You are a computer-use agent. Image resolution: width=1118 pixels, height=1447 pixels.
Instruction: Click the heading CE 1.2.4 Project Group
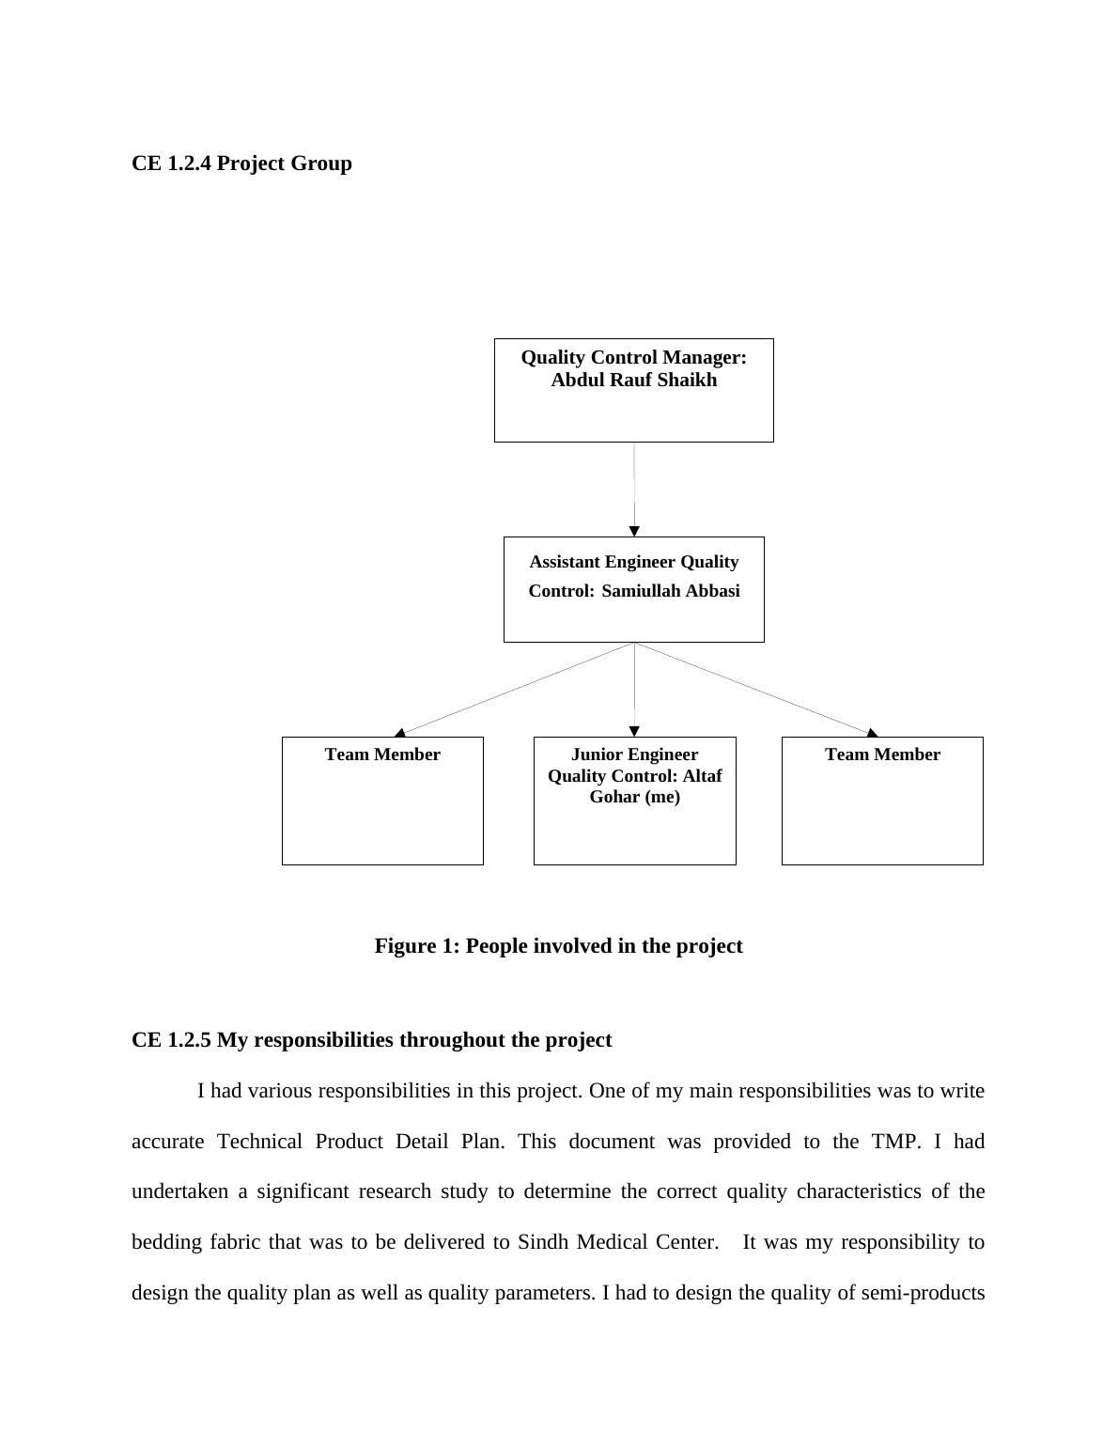click(x=241, y=163)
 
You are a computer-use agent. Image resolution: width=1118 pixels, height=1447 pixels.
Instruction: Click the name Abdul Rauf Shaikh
click(x=633, y=381)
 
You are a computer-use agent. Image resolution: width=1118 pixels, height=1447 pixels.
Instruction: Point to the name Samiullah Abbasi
click(x=670, y=591)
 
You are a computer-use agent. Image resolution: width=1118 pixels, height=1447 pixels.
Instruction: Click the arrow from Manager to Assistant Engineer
click(x=634, y=489)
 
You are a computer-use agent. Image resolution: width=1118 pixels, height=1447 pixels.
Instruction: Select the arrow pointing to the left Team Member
click(x=517, y=689)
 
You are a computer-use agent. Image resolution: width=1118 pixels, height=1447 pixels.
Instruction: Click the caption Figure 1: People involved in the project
click(x=558, y=946)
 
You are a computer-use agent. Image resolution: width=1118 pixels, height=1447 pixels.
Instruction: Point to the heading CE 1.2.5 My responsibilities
click(x=371, y=1040)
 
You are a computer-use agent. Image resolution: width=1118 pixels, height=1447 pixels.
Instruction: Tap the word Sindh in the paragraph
click(x=543, y=1242)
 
